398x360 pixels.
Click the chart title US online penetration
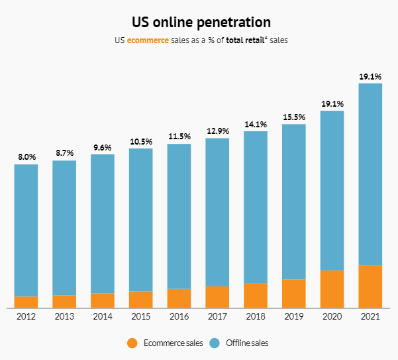coord(199,23)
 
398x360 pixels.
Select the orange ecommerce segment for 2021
coord(370,286)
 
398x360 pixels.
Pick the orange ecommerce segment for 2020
coord(332,289)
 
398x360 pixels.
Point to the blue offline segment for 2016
coord(179,216)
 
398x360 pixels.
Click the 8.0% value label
coord(26,157)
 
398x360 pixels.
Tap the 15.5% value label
coord(293,117)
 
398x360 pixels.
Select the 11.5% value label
coord(179,137)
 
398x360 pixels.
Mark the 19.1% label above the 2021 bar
coord(370,76)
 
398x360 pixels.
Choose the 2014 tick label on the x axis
coord(103,317)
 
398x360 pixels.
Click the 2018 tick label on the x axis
coord(256,317)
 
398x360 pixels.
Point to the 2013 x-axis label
coord(64,317)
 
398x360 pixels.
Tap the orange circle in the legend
coord(132,343)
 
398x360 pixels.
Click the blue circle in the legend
coord(214,343)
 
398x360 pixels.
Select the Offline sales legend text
coord(246,343)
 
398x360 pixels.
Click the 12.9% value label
coord(217,131)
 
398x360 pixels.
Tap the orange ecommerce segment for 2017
coord(217,297)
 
